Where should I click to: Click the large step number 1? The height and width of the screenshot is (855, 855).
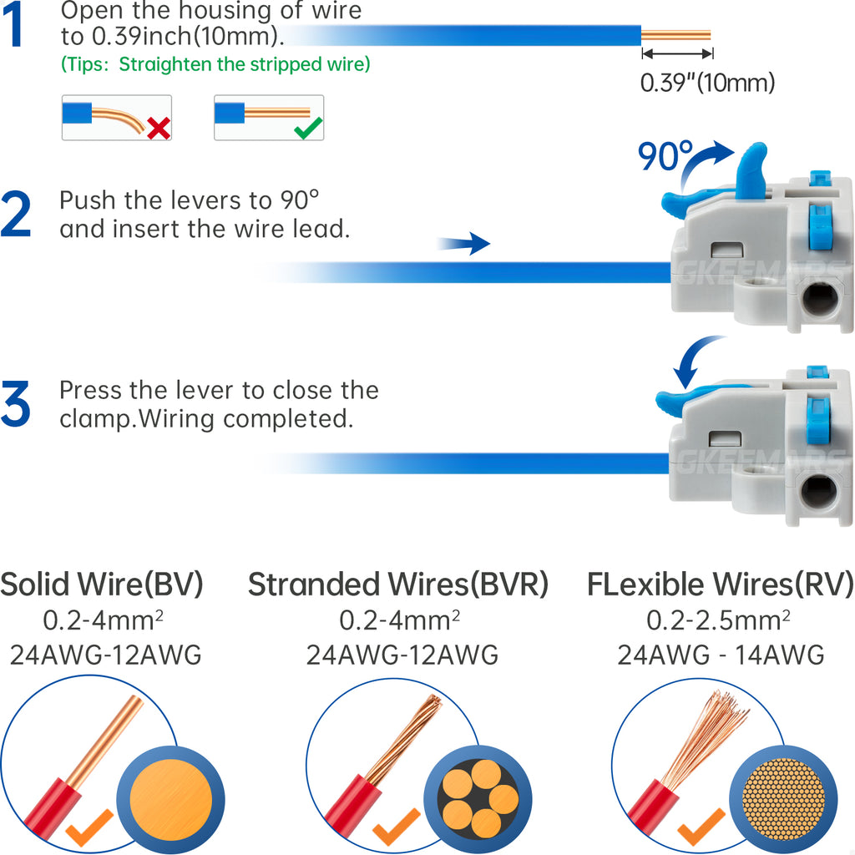pos(17,27)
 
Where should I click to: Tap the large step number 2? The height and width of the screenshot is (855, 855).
pos(16,215)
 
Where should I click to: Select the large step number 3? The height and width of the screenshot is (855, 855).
pos(16,404)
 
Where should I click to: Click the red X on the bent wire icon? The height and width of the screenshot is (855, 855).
pos(158,127)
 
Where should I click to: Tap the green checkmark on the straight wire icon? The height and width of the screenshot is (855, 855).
pos(310,127)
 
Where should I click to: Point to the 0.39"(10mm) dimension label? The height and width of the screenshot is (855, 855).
pos(707,83)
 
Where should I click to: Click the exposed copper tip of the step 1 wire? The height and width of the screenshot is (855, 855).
pos(675,35)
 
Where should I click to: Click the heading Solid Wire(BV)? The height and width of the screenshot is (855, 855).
pos(102,584)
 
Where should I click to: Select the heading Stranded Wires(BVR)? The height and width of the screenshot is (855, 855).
pos(398,584)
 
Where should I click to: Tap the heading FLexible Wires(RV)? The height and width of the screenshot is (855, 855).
pos(720,584)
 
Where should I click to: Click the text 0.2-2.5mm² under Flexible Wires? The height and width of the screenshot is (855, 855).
pos(719,620)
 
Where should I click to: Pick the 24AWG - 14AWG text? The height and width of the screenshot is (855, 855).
pos(721,655)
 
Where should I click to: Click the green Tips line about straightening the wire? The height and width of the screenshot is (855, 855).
pos(215,64)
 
